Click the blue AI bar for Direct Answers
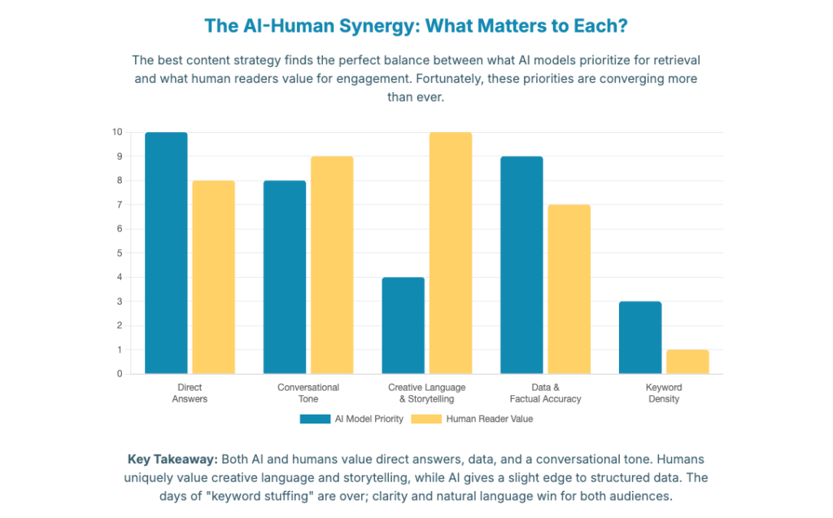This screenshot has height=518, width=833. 166,252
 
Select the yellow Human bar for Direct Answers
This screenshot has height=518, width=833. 213,277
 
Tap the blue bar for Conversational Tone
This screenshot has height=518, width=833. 285,277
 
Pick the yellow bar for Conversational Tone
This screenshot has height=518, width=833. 332,265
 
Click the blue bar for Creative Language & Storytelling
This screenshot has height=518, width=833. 403,326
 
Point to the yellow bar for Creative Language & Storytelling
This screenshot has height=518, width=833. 451,252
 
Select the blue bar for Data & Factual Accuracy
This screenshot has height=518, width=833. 521,265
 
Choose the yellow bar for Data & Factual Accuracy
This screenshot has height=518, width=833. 569,289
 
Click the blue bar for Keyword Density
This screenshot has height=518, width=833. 640,337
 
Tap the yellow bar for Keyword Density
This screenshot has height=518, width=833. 687,362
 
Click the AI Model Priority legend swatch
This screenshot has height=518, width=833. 315,419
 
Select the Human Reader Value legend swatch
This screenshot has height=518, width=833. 426,419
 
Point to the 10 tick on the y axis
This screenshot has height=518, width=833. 118,132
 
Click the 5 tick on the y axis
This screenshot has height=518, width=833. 120,252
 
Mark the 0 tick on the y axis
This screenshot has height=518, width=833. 120,374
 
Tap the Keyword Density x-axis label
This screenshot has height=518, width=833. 664,393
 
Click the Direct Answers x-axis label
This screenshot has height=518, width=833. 190,393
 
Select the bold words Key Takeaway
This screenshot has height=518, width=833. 172,459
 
